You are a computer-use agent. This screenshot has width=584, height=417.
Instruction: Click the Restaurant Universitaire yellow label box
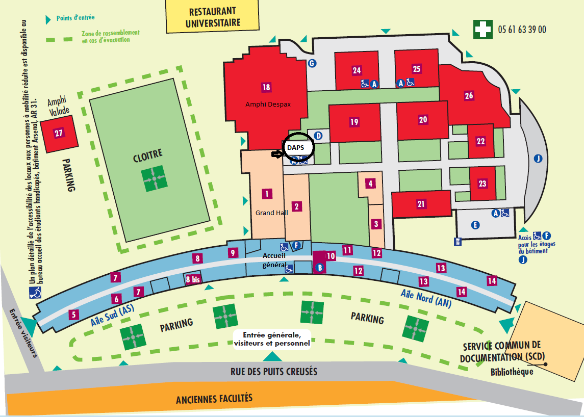212,17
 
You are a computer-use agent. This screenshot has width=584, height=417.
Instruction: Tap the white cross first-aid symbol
483,30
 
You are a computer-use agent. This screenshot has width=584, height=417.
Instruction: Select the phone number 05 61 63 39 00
522,30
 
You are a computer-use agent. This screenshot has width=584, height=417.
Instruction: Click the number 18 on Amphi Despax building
266,87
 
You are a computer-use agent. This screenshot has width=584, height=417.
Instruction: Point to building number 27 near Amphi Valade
59,133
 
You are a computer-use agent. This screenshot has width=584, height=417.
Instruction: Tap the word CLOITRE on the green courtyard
148,155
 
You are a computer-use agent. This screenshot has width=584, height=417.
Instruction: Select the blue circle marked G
312,63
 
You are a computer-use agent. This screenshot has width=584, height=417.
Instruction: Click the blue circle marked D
318,135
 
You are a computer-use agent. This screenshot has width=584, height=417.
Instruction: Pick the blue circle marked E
475,225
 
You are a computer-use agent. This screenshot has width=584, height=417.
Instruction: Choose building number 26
469,96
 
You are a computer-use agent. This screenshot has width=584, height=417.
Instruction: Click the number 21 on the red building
421,204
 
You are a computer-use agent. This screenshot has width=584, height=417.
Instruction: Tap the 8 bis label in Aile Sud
193,279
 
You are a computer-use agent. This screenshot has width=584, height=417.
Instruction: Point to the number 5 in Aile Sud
74,315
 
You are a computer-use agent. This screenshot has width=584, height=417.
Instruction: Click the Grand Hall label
271,213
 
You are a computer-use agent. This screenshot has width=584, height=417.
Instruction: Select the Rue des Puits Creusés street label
274,372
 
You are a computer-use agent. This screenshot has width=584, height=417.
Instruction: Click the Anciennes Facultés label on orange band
214,399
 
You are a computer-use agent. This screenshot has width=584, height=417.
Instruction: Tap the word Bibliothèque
512,372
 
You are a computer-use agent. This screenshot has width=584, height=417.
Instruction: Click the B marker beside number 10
319,268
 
